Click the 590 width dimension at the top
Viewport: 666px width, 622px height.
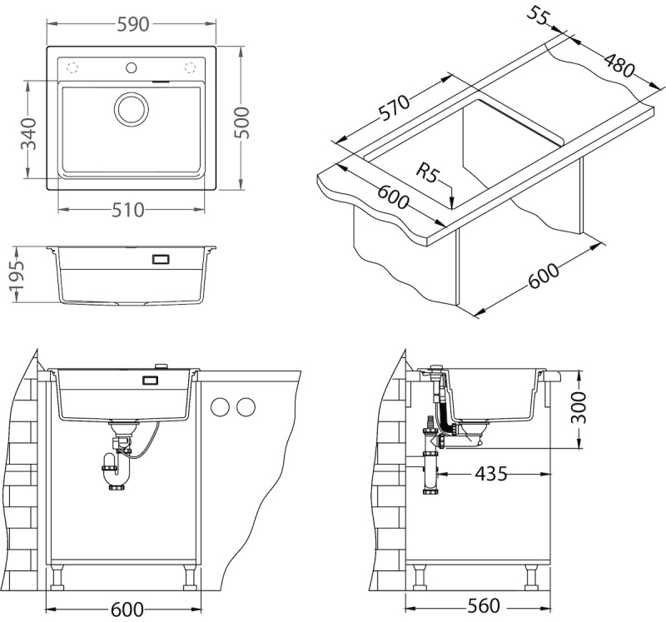(x=132, y=25)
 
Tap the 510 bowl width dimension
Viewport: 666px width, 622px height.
(x=129, y=209)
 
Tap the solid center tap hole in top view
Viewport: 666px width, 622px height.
(x=132, y=67)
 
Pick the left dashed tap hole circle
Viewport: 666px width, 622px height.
(x=72, y=67)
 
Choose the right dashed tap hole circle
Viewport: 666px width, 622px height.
(x=190, y=67)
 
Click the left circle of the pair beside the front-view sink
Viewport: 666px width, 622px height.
(x=221, y=407)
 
